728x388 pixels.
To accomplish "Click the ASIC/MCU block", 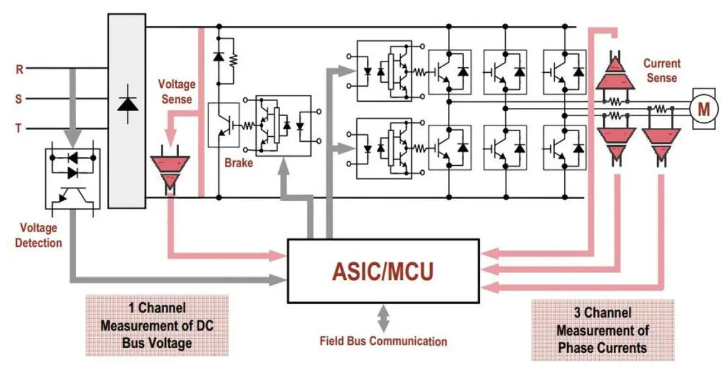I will click(383, 271).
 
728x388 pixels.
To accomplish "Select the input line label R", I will click(19, 70).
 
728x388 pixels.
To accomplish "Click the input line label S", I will click(19, 99).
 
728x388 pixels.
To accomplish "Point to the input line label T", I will click(19, 129).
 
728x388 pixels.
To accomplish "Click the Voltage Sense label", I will click(177, 91).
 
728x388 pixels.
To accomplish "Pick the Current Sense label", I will click(661, 70).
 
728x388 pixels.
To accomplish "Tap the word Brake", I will click(239, 163).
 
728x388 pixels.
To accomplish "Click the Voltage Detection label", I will click(38, 235).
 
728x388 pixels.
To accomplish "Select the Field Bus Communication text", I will click(383, 342).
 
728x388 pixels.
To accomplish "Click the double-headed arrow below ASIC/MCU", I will click(383, 319).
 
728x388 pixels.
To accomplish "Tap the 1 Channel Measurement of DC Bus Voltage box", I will click(156, 326).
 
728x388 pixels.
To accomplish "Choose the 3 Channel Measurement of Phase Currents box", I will click(602, 330).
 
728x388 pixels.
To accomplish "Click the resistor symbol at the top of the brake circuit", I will click(234, 60).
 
